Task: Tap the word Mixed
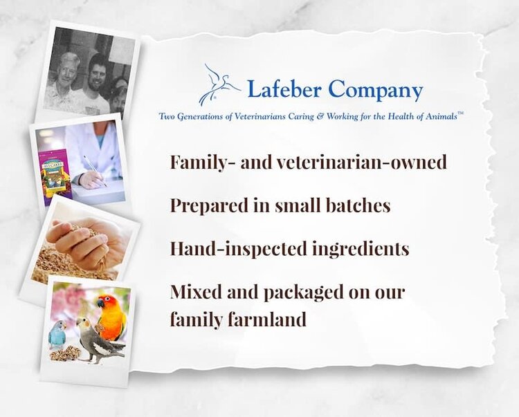tap(194, 292)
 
